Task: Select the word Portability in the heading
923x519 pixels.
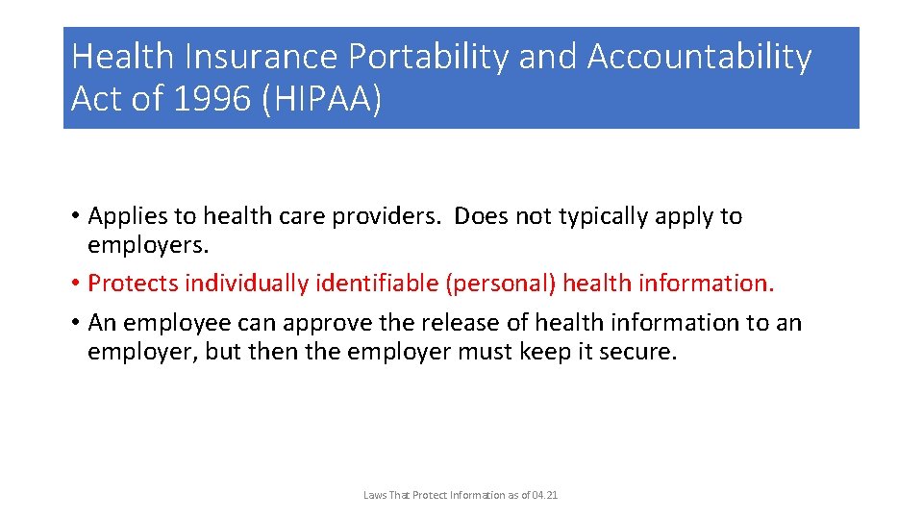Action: (428, 58)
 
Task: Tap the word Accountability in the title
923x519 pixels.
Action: (699, 58)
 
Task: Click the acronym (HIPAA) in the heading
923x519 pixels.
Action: (321, 99)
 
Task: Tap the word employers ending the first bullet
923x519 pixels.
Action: (147, 245)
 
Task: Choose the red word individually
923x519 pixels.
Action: (243, 284)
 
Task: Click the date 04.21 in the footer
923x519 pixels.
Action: (544, 495)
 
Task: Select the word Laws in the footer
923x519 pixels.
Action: (374, 495)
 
